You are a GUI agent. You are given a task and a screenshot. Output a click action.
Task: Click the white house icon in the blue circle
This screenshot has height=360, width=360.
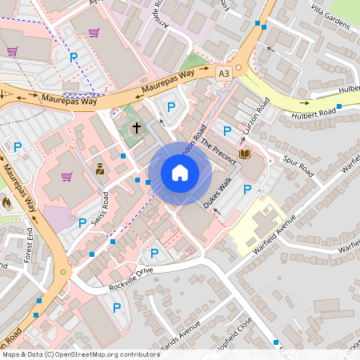pyautogui.click(x=179, y=173)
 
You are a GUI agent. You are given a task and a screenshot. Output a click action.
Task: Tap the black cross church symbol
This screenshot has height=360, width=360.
pyautogui.click(x=136, y=127)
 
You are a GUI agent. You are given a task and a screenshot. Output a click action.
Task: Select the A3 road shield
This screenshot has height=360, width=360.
pyautogui.click(x=225, y=73)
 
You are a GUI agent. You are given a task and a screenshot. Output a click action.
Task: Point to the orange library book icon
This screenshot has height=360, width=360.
pyautogui.click(x=245, y=154)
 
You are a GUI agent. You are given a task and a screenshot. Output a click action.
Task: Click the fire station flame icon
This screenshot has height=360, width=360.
pyautogui.click(x=7, y=203)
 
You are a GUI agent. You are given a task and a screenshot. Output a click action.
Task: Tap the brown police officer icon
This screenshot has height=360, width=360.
pyautogui.click(x=99, y=169)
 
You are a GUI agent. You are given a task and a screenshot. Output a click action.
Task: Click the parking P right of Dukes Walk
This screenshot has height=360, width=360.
pyautogui.click(x=247, y=189)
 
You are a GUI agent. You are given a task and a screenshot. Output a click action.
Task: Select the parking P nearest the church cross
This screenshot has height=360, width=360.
pyautogui.click(x=170, y=107)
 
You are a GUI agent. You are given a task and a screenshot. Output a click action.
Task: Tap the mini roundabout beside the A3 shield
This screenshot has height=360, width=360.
pyautogui.click(x=238, y=68)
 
